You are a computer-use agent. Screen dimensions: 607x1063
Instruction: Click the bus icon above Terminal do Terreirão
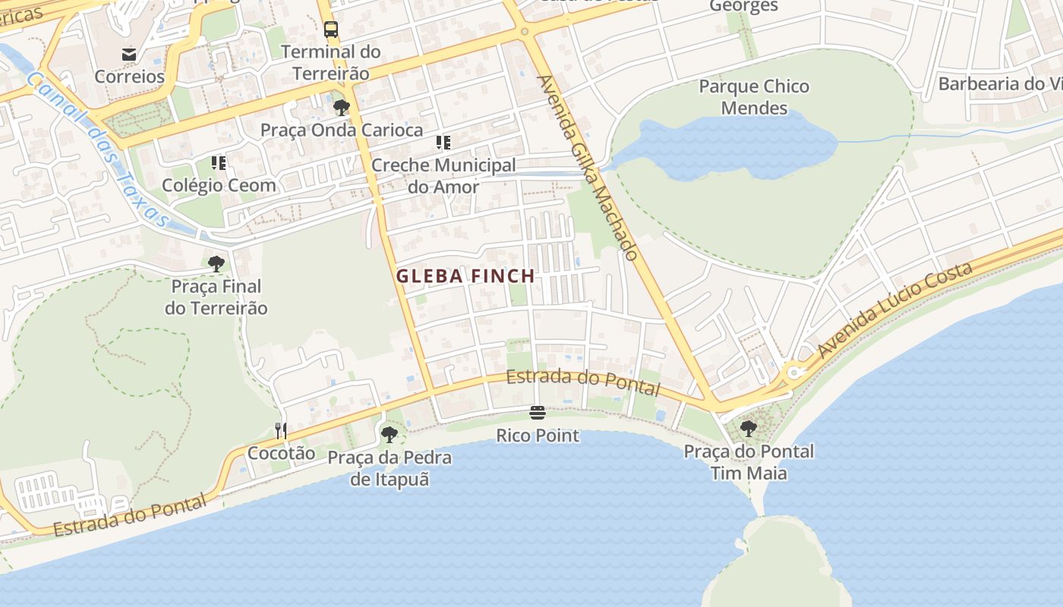tap(331, 30)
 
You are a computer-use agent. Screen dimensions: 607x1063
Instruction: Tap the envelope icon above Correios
tap(129, 54)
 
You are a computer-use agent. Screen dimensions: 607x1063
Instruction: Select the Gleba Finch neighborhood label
tap(465, 276)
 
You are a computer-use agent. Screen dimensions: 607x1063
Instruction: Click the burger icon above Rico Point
tap(538, 413)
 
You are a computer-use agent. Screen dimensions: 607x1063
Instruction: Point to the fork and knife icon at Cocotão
tap(281, 431)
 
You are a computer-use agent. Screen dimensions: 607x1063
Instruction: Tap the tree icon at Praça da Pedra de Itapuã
tap(390, 435)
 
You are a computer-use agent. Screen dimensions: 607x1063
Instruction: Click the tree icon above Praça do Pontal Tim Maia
tap(749, 429)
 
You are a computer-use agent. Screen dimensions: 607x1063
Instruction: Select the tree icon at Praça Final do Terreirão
tap(216, 264)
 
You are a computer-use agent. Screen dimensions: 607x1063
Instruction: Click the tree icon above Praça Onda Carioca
tap(342, 108)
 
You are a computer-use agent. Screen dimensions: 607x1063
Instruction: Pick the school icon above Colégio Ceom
tap(219, 162)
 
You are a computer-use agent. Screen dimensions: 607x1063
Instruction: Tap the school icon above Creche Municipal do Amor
tap(443, 142)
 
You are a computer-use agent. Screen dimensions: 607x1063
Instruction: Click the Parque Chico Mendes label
tap(754, 97)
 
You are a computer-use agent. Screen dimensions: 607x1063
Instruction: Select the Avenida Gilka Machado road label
tap(587, 168)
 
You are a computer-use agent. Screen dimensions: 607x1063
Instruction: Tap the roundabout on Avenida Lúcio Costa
tap(795, 373)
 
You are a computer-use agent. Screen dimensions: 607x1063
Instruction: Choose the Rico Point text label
tap(538, 436)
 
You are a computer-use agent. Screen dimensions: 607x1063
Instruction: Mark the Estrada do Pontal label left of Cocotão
tap(129, 516)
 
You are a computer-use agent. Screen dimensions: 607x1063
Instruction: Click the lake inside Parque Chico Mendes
tap(729, 148)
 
